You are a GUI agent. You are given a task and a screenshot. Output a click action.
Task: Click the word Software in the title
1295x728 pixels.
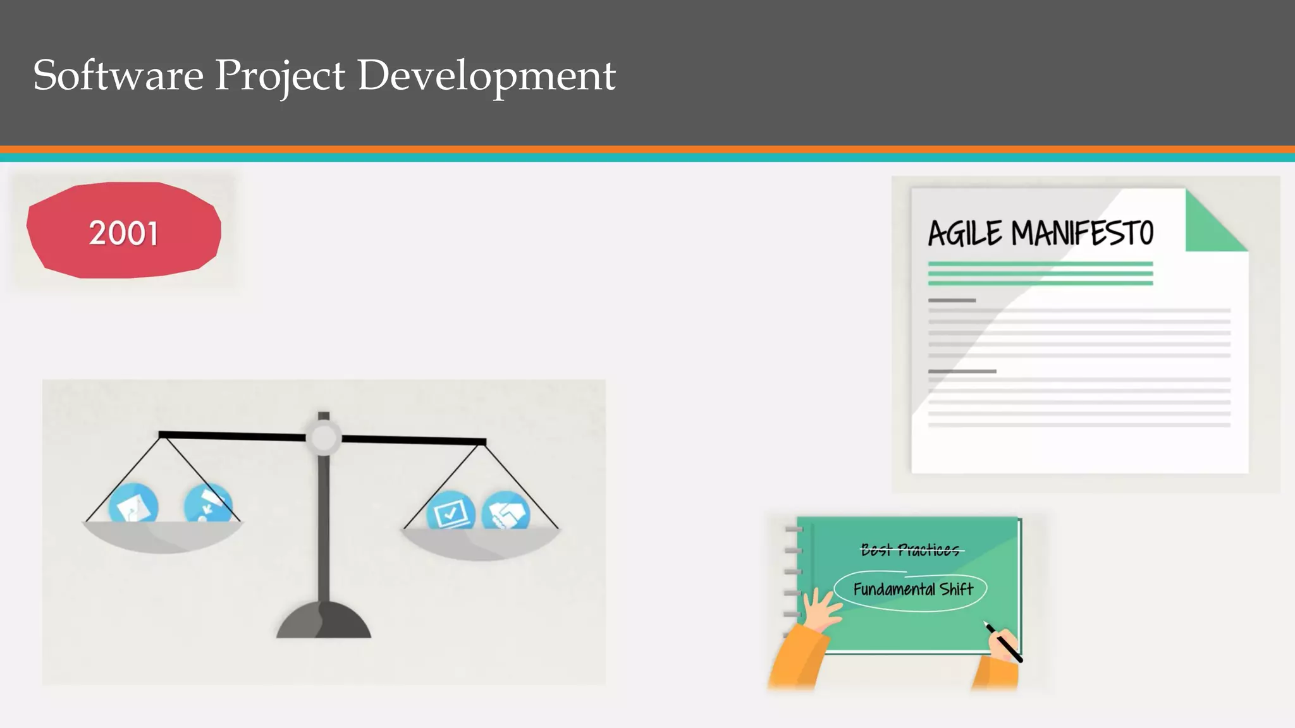click(x=118, y=75)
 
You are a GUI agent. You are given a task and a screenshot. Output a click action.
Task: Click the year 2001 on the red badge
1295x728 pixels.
click(x=123, y=233)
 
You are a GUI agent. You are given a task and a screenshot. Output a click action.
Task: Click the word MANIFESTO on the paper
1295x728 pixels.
click(x=1082, y=233)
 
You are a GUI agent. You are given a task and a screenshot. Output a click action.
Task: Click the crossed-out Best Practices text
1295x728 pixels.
click(x=910, y=550)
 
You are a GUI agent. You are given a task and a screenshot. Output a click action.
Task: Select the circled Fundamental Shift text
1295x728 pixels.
click(x=912, y=590)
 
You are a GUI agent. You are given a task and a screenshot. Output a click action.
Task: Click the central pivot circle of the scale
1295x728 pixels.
click(x=324, y=437)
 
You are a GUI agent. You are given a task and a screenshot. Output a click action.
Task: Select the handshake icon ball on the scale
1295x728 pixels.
click(x=506, y=511)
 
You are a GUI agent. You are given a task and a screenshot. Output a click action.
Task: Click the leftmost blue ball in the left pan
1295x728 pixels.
click(x=133, y=504)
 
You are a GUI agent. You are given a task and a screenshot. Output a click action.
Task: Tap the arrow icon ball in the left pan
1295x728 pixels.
click(x=207, y=504)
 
